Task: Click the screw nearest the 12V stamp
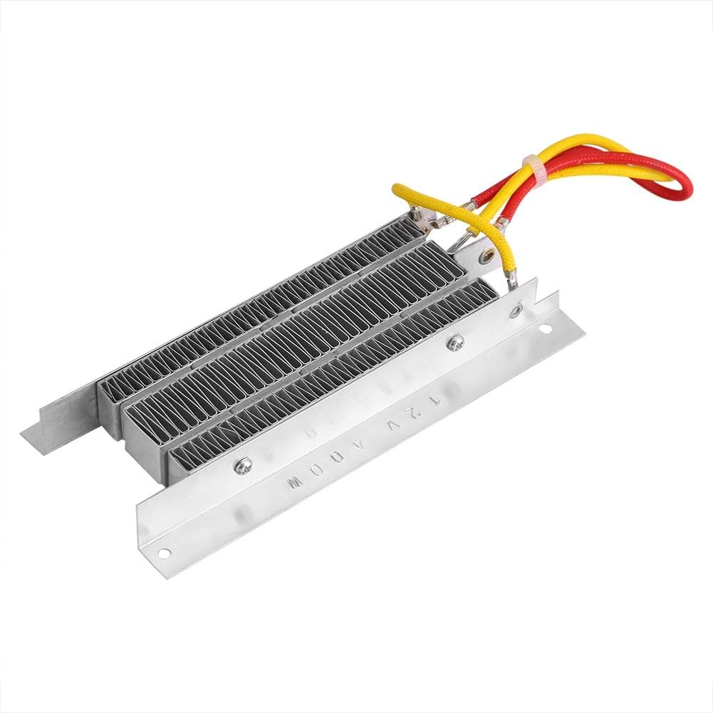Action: (x=451, y=343)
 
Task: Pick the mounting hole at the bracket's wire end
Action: (x=546, y=329)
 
